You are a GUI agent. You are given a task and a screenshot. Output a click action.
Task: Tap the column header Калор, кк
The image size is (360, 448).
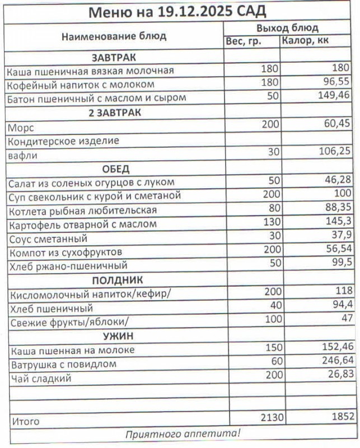point(306,41)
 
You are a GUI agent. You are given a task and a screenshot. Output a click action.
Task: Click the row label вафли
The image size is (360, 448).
point(22,156)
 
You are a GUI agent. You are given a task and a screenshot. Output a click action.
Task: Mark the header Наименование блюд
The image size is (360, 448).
point(114,36)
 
